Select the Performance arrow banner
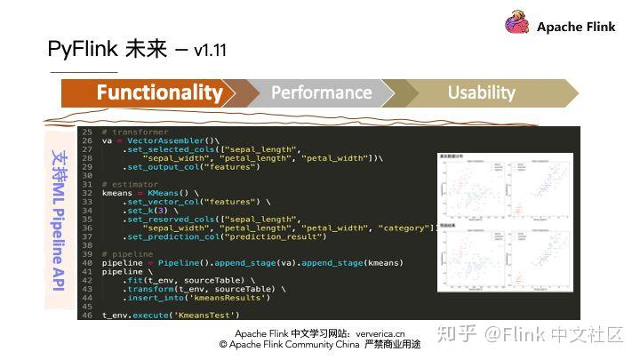(x=321, y=92)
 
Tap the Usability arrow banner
(x=481, y=92)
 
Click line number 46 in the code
(x=86, y=315)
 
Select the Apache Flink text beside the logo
(x=575, y=27)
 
